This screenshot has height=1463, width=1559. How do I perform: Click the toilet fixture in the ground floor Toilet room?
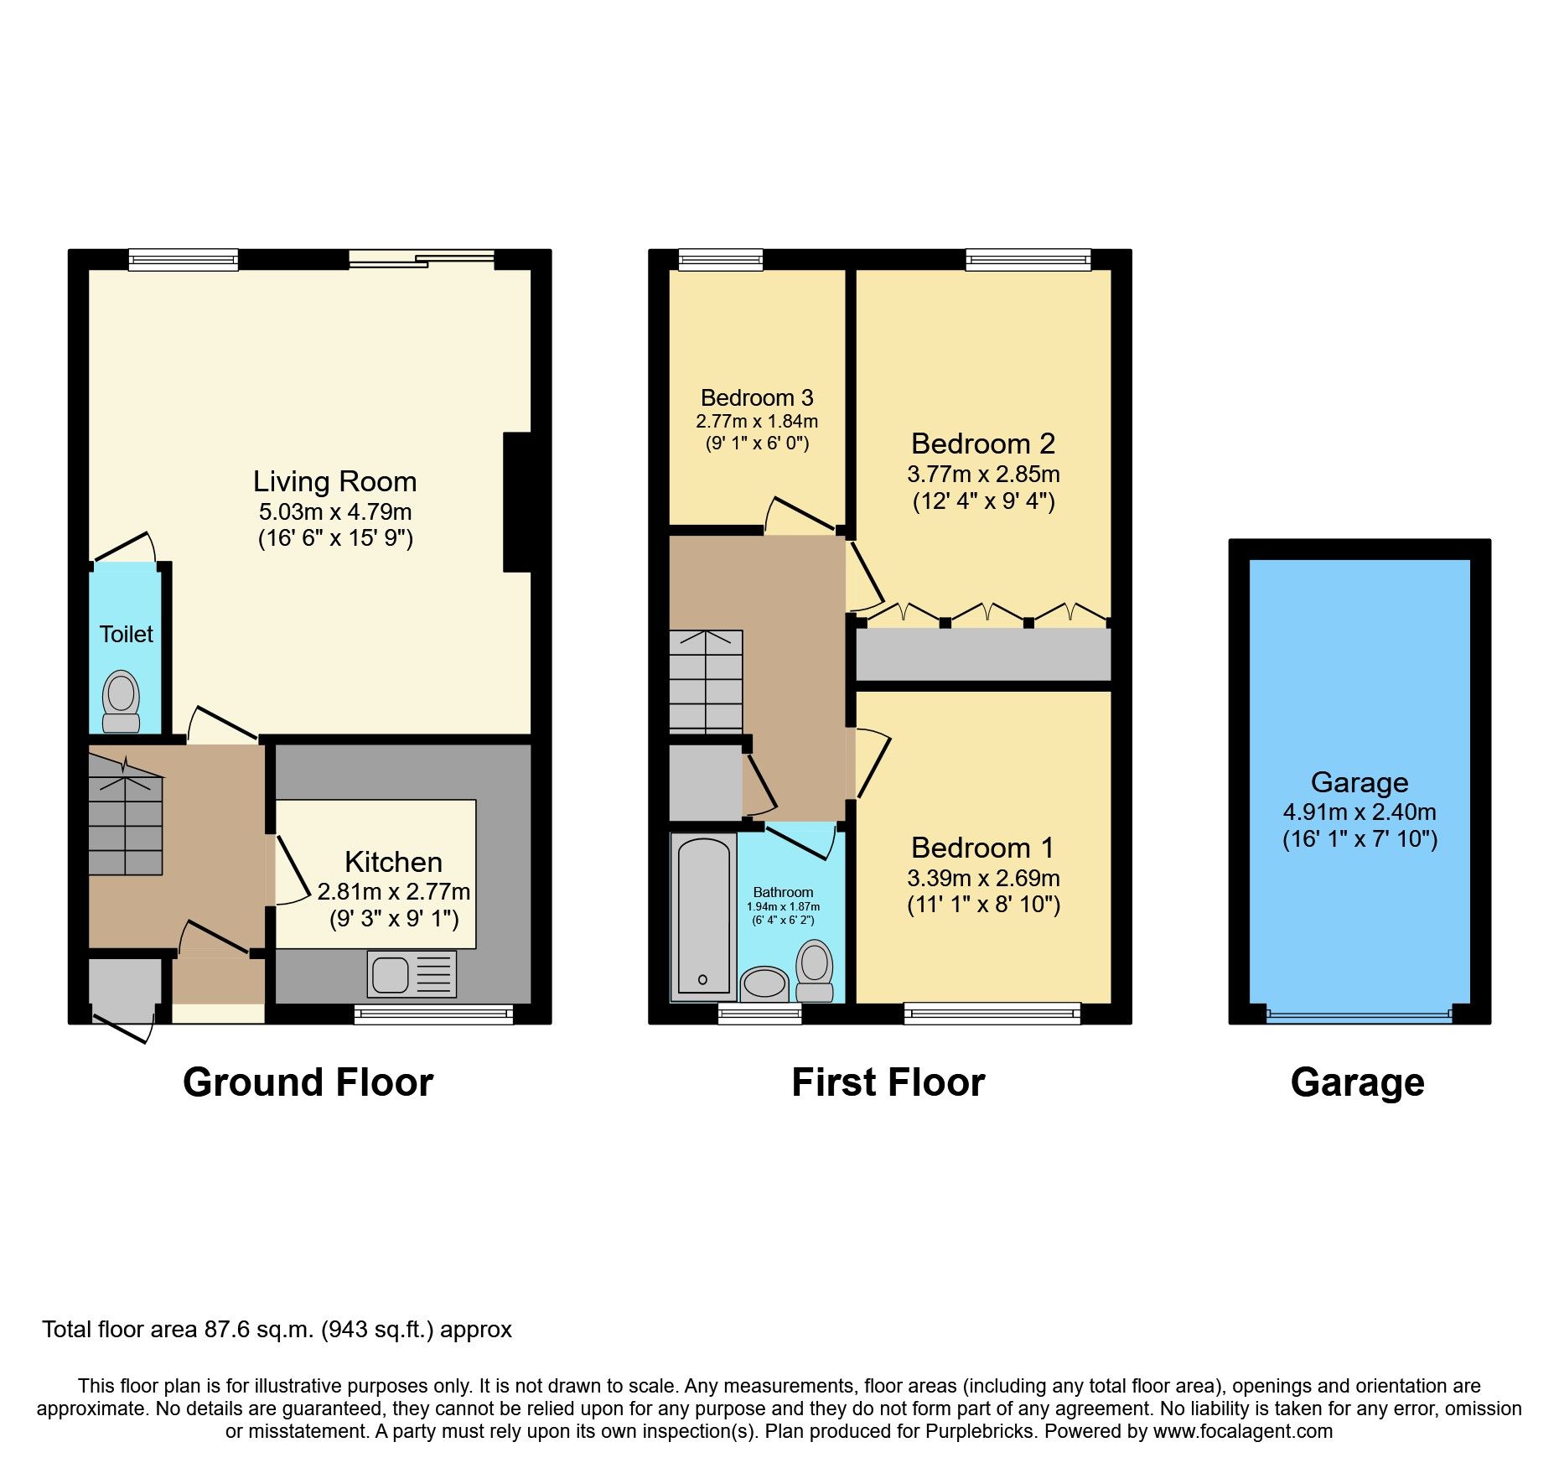(x=122, y=701)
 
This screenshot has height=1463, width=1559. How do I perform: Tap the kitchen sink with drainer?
(x=412, y=974)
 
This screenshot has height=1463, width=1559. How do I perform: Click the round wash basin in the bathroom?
(x=764, y=983)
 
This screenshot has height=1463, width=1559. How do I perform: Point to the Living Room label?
(x=334, y=482)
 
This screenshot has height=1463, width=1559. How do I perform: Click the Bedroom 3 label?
(x=757, y=397)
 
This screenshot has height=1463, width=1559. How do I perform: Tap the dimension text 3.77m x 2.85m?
(x=983, y=475)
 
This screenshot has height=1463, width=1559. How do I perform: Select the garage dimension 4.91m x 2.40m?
(x=1359, y=812)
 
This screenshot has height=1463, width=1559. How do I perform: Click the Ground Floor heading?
(x=308, y=1082)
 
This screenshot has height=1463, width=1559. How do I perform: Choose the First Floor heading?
(x=888, y=1082)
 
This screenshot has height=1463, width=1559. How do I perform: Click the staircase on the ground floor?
(x=126, y=825)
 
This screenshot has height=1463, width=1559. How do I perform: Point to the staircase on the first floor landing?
(x=706, y=682)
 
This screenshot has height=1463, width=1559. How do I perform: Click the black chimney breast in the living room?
(x=518, y=502)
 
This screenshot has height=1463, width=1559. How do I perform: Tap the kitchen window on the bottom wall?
(x=433, y=1015)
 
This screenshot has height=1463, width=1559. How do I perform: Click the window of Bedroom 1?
(x=992, y=1014)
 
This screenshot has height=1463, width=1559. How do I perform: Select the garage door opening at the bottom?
(x=1359, y=1016)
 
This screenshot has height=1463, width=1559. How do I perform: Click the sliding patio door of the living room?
(x=421, y=259)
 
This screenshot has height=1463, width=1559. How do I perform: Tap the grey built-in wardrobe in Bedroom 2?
(x=983, y=655)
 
